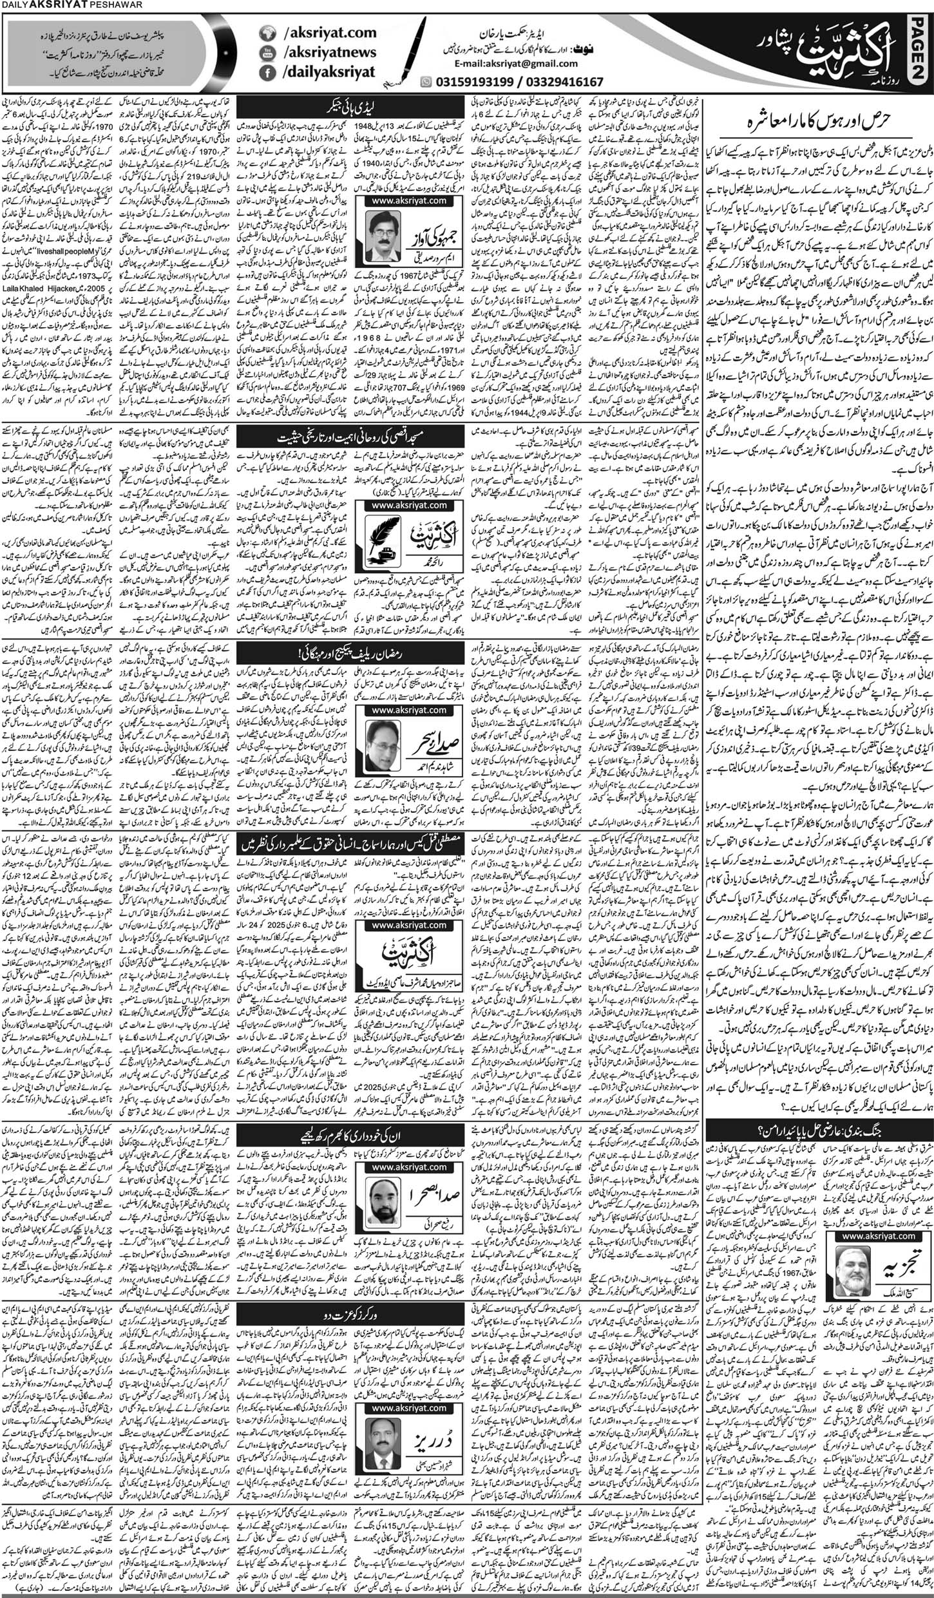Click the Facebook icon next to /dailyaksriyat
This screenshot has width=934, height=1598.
coord(267,75)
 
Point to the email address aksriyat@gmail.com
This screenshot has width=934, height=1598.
coord(515,64)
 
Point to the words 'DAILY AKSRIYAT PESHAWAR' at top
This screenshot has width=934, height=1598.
coord(68,6)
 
